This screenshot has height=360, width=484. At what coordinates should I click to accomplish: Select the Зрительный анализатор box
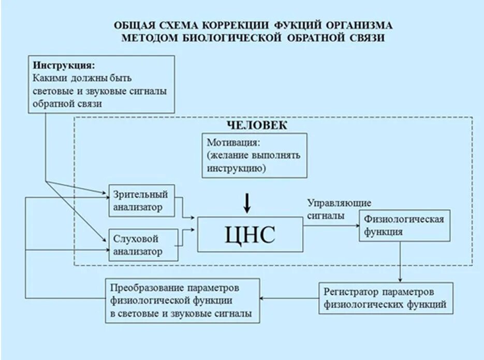coord(141,201)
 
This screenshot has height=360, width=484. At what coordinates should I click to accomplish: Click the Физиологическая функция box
coord(404,226)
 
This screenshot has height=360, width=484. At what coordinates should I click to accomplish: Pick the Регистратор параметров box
coord(385,298)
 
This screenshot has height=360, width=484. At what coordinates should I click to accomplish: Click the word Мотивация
coord(233,142)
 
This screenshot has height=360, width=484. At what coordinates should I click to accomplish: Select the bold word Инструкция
coord(64,66)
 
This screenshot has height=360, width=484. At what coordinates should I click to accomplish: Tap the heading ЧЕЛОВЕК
coord(257,126)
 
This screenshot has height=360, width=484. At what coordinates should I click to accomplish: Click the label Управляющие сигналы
coord(339,209)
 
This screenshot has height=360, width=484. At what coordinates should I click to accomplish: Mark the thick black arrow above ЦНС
coord(247,203)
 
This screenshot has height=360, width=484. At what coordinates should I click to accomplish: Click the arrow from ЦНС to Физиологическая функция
coord(331,226)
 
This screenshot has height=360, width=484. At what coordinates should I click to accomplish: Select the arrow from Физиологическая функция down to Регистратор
coord(401,262)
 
